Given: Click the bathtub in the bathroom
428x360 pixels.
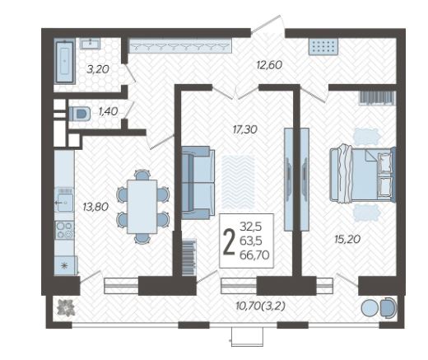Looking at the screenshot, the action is click(65, 61).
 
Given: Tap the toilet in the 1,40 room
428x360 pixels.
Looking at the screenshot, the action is click(80, 114).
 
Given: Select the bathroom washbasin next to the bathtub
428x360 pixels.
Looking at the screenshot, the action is click(90, 44).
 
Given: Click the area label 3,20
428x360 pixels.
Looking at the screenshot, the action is click(98, 69).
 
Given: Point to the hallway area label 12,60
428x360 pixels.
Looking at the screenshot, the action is click(269, 65).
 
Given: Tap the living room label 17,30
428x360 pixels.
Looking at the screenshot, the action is click(244, 129).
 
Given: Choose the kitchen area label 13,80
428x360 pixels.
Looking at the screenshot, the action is click(95, 207).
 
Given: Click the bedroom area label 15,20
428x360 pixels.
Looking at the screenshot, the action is click(347, 239).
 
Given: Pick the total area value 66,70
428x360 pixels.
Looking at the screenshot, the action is click(254, 255).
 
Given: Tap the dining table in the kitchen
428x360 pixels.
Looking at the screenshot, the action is click(142, 207).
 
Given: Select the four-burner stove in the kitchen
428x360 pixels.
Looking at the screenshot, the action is click(65, 230).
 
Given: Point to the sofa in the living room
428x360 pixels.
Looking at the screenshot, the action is click(198, 183).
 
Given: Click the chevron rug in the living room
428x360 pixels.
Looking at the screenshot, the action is click(238, 182).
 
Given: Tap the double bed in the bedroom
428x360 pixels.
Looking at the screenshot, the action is click(363, 175).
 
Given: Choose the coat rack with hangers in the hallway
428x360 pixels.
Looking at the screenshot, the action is click(180, 45).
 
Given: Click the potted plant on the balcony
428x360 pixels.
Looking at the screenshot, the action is click(66, 308).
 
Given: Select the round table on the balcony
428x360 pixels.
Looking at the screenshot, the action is click(370, 308).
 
